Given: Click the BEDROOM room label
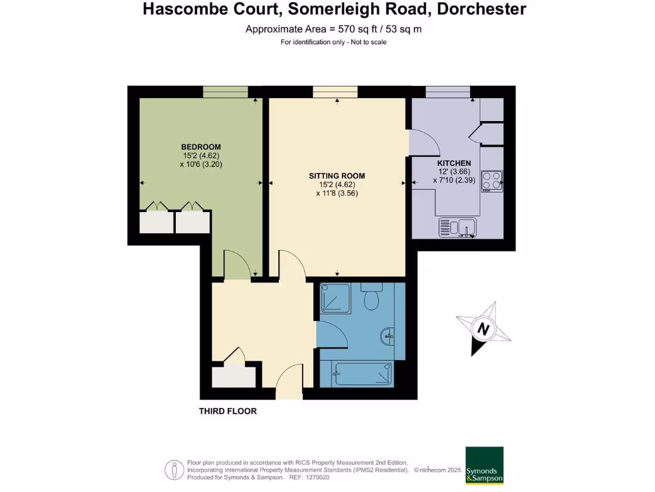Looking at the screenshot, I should click(201, 147).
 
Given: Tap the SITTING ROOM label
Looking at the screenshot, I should click(336, 176).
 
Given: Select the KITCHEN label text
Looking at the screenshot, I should click(454, 163).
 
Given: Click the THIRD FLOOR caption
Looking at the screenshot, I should click(228, 411).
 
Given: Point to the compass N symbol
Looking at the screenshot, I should click(484, 330).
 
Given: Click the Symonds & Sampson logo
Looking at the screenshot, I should click(484, 465).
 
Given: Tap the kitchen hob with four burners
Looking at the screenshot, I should click(492, 181).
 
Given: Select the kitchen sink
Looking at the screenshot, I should click(457, 227).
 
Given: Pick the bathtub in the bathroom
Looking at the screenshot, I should click(363, 374).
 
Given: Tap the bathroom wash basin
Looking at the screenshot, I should click(388, 335).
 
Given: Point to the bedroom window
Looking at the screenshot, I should click(226, 92).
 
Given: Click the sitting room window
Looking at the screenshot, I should click(336, 92).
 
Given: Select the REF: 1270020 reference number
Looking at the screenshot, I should click(310, 477).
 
